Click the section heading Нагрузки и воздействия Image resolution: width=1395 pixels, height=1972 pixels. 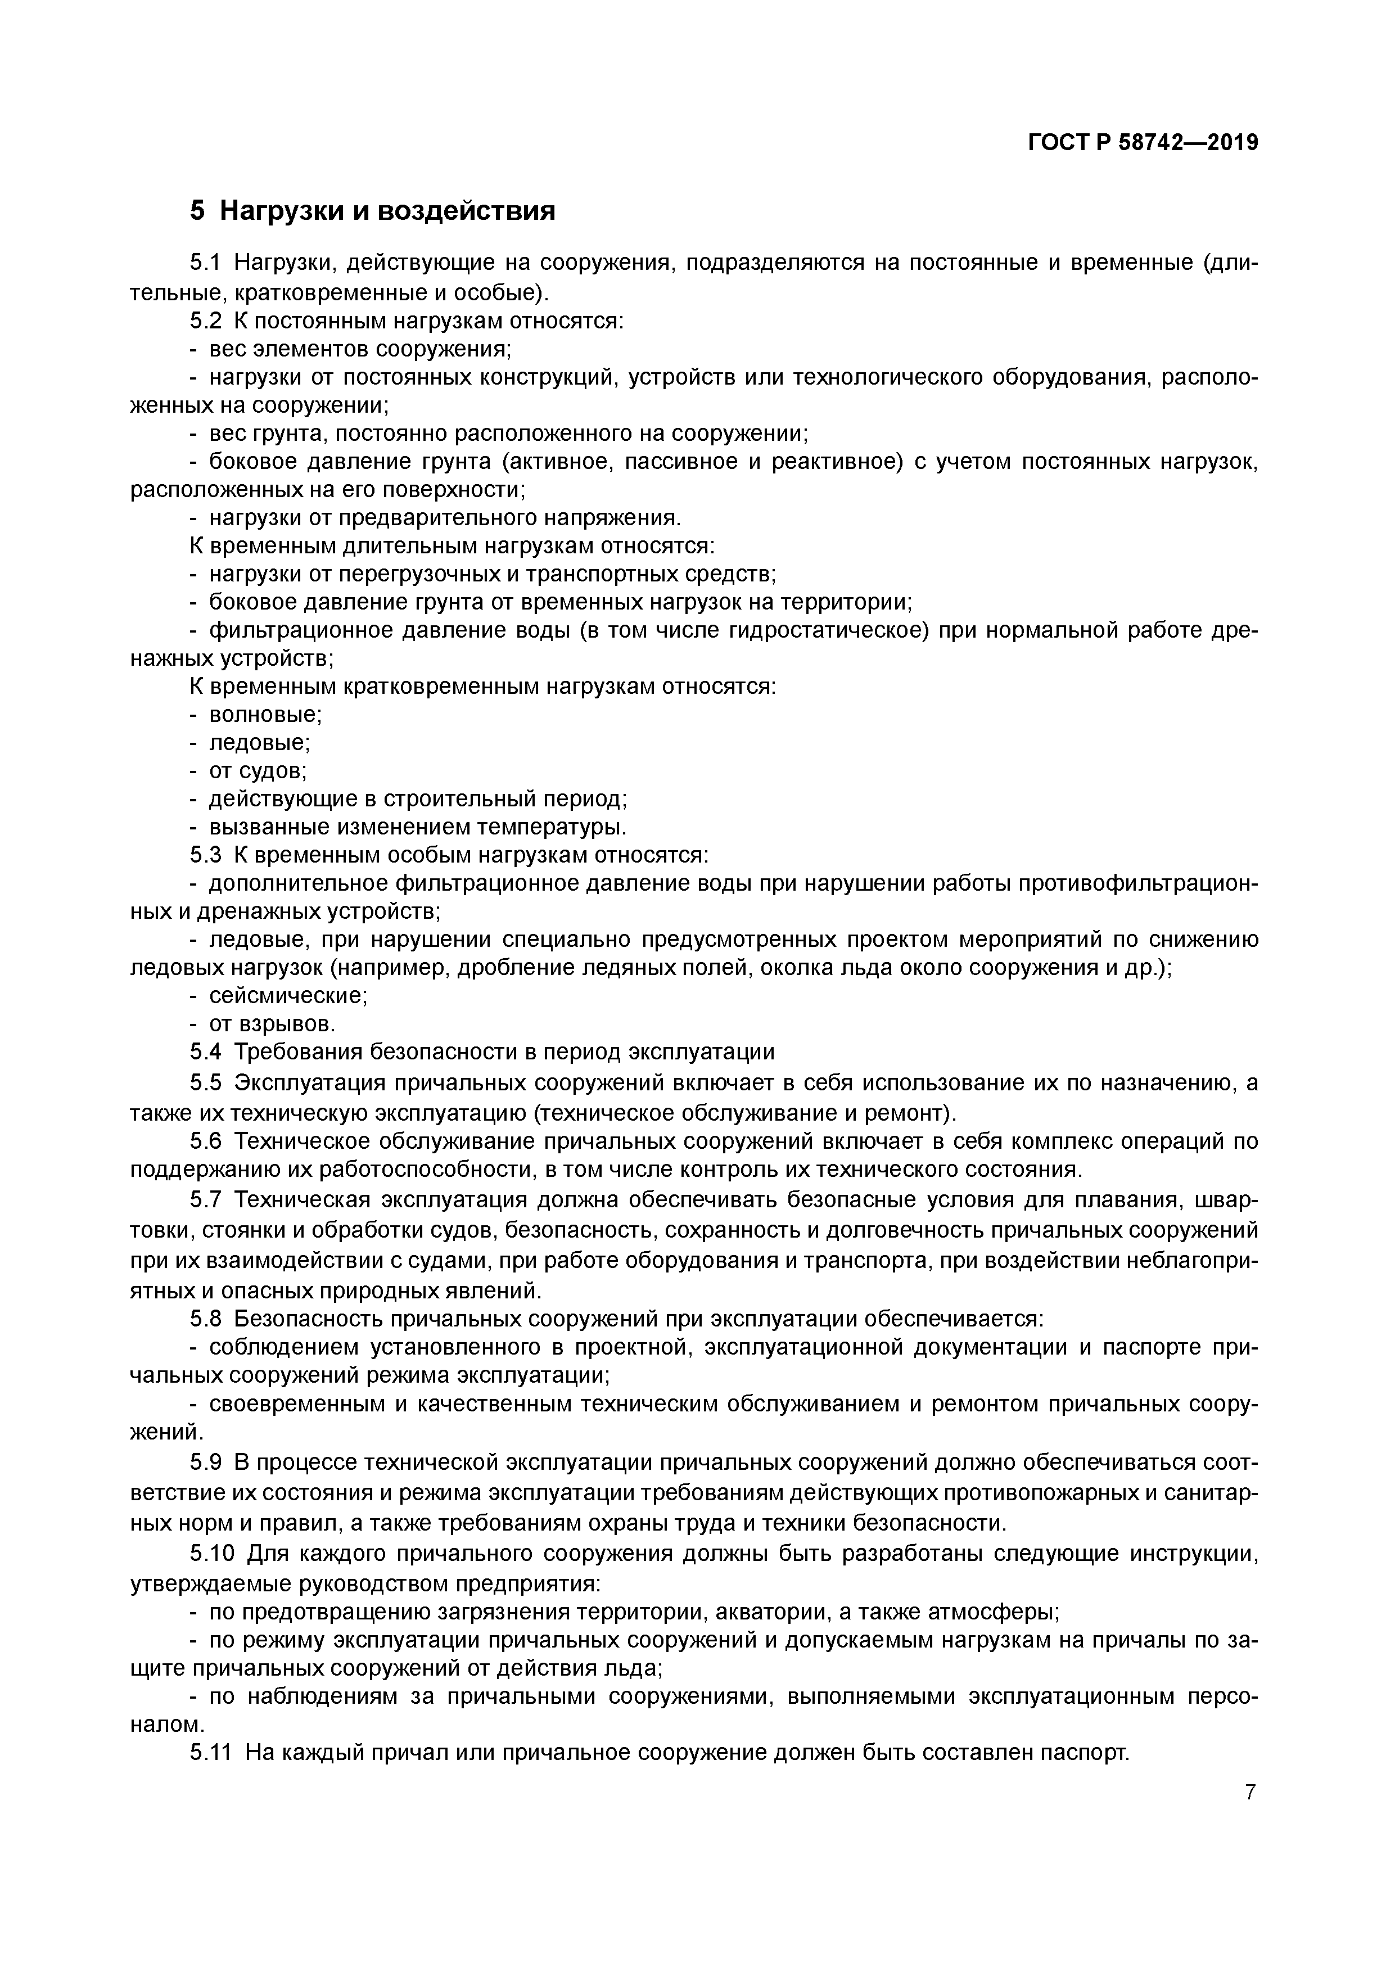point(386,210)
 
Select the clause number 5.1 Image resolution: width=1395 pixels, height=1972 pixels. point(205,263)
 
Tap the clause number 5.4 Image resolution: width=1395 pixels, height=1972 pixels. point(205,1052)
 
